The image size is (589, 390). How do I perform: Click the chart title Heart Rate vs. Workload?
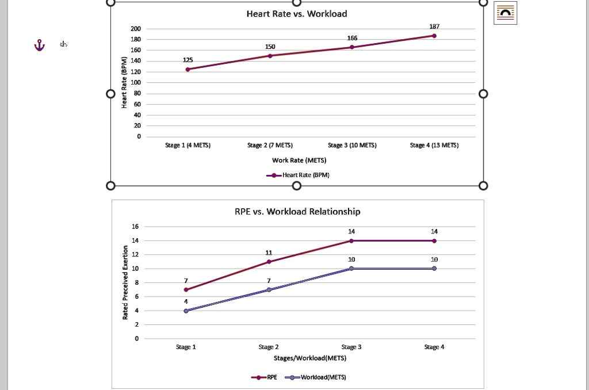(296, 13)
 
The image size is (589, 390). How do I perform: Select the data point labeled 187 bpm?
(434, 36)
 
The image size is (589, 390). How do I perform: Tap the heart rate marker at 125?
(188, 69)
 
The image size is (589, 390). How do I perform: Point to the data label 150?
(270, 47)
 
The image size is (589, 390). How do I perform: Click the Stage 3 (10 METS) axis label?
(352, 146)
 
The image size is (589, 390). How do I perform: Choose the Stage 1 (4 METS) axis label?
(188, 146)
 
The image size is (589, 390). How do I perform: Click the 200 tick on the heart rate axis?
(135, 29)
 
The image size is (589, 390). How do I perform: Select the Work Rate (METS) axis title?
(299, 160)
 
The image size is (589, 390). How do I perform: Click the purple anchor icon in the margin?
(39, 45)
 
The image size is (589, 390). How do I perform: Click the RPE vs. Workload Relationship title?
(297, 212)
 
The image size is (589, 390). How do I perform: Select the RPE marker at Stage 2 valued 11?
(269, 262)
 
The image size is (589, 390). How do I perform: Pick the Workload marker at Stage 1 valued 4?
(186, 311)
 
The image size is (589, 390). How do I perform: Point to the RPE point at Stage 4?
(434, 240)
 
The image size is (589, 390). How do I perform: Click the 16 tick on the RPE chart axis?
(135, 226)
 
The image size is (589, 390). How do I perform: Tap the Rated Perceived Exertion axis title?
(125, 282)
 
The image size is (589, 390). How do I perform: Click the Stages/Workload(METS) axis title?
(310, 358)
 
